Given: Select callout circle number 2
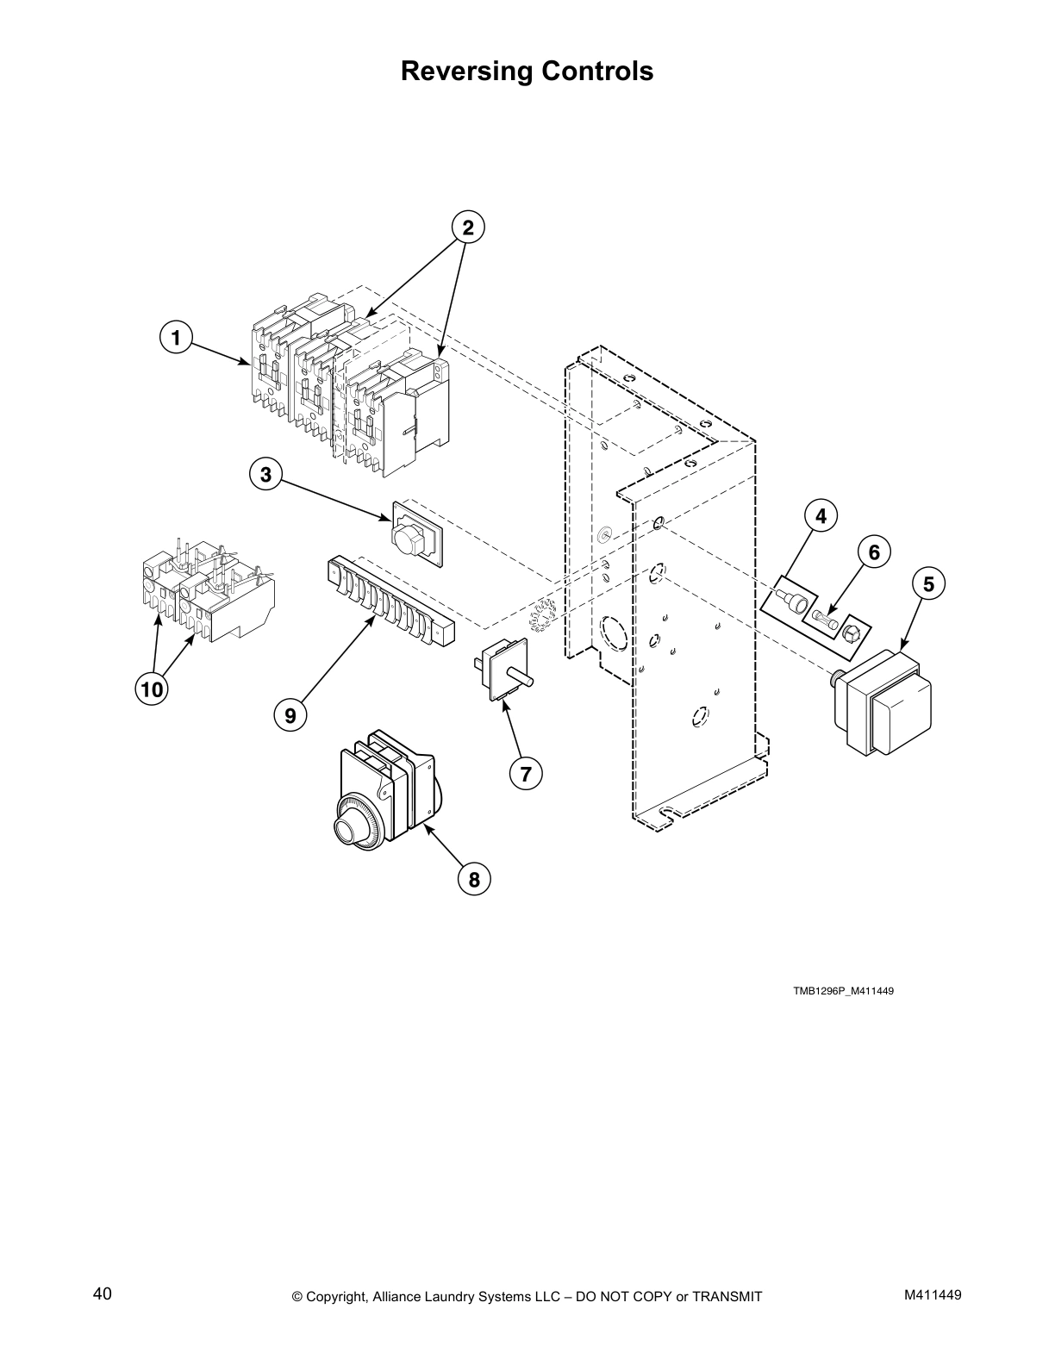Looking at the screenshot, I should click(468, 227).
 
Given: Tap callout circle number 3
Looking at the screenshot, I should click(265, 474).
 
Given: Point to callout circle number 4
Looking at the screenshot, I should click(821, 516).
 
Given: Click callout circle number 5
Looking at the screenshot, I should click(928, 584).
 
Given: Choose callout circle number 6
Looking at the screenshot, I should click(874, 552).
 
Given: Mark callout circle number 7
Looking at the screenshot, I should click(526, 773).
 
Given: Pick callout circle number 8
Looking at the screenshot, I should click(474, 879).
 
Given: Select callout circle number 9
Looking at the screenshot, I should click(290, 715).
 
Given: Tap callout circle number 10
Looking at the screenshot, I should click(151, 689).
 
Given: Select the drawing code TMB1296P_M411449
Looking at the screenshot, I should click(843, 991).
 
